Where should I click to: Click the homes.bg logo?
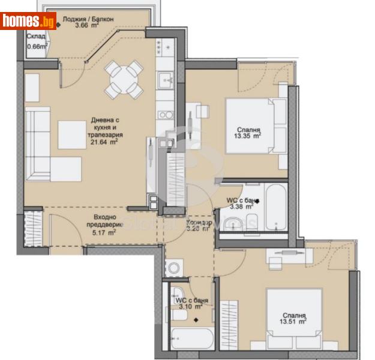28,21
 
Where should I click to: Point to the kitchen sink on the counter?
164,79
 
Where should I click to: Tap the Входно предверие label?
96,221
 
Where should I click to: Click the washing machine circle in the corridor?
175,268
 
